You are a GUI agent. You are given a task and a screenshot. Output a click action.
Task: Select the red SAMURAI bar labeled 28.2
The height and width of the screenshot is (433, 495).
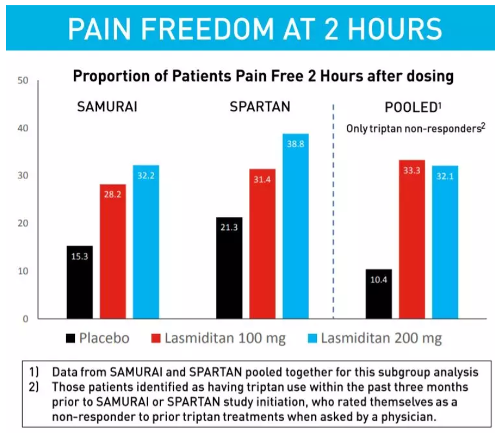[x=112, y=252]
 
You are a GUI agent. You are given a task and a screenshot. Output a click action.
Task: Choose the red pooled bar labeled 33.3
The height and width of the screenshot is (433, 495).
[x=412, y=239]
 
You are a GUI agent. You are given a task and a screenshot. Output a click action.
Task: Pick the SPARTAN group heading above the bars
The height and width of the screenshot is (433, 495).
[x=260, y=108]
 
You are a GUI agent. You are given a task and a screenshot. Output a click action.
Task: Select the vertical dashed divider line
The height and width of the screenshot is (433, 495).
[x=333, y=211]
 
